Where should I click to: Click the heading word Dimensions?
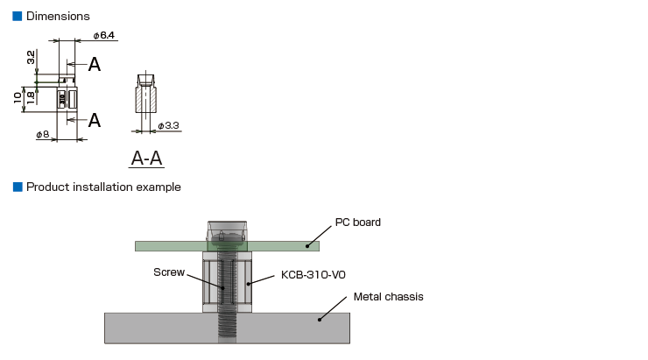coord(58,16)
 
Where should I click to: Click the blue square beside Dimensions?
coord(17,16)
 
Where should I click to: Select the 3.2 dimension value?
coord(31,58)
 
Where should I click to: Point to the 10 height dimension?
coord(18,98)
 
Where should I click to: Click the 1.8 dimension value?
coord(31,97)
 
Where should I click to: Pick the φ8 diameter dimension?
coord(42,135)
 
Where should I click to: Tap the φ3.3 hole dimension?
coord(168,126)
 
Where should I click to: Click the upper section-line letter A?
coord(94,64)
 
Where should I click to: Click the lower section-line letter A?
coord(94,120)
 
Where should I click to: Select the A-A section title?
coord(146,158)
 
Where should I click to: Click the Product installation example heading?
coord(103,187)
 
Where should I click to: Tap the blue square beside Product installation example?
coord(17,187)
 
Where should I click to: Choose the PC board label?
coord(358,222)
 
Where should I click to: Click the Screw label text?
coord(169,272)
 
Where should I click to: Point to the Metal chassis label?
coord(388,297)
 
